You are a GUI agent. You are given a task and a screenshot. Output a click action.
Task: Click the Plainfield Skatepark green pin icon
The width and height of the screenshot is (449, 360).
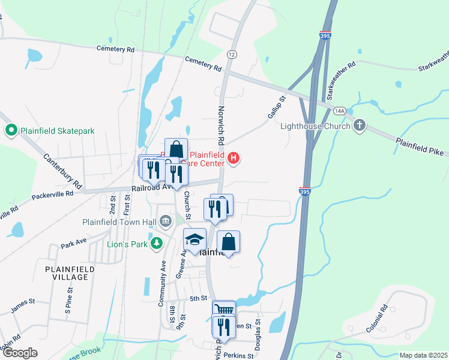point(10,130)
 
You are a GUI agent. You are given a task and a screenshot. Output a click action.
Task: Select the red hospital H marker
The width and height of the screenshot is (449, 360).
point(234,158)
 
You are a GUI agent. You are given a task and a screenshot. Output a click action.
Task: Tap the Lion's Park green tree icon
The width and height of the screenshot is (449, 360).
point(157,243)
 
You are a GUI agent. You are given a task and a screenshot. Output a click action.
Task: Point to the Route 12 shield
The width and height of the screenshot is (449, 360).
point(231,54)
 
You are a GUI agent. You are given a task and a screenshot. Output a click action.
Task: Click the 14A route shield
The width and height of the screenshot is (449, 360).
point(340,110)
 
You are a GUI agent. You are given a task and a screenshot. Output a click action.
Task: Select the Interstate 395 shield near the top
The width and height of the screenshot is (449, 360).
point(325,36)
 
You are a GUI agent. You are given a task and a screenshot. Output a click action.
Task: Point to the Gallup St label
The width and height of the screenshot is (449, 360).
point(276,106)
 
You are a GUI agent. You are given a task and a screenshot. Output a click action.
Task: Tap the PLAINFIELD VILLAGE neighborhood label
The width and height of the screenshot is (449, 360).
point(70,274)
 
